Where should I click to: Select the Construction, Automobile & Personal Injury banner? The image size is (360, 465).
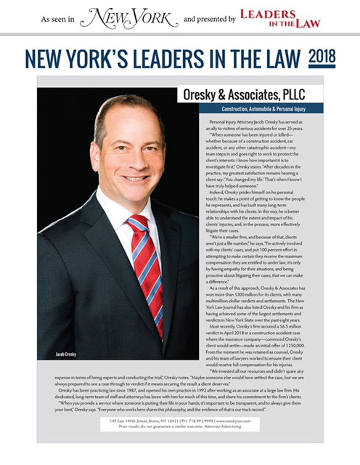coord(285,109)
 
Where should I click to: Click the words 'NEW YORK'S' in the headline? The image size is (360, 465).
coord(86,57)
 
